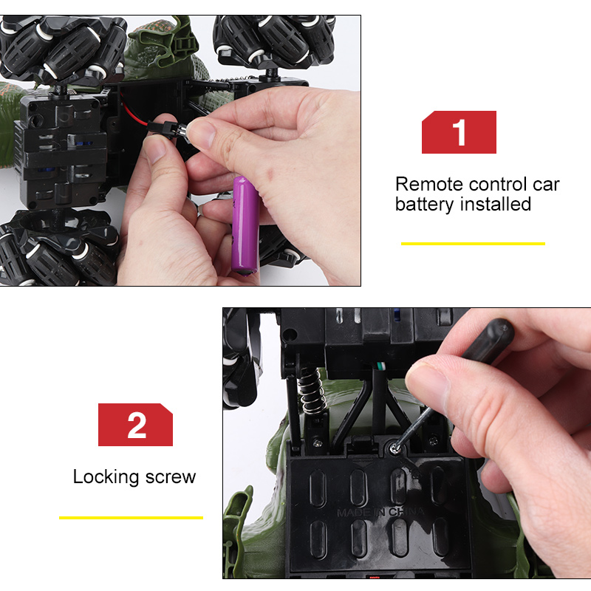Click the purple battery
coord(245,225)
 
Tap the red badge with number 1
coord(459,132)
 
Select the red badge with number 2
coord(135,424)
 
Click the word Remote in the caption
coord(429,184)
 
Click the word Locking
coord(106,477)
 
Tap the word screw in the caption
coord(171,477)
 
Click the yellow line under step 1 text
coord(473,244)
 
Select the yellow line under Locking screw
coord(131,518)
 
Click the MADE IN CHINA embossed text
coord(380,512)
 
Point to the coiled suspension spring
coord(311,391)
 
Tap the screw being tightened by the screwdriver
coord(394,448)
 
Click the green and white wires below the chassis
coord(381,366)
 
